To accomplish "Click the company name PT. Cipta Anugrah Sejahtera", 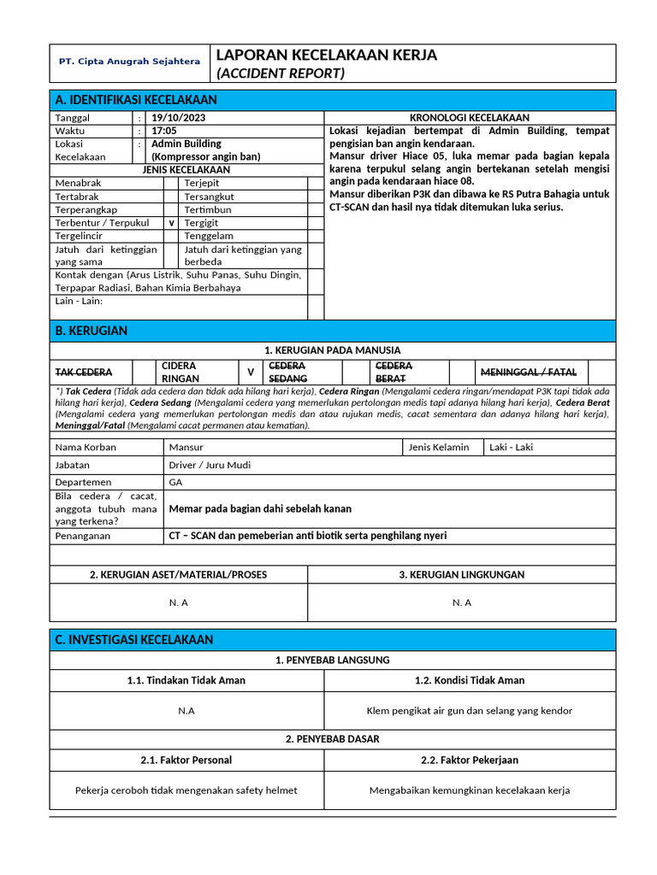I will (129, 62).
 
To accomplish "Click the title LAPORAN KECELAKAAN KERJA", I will (326, 55).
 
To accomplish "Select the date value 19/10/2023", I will (178, 118).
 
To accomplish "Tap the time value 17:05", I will (163, 131).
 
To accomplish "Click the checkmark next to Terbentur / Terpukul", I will (171, 223).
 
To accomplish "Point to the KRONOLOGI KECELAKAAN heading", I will (469, 118).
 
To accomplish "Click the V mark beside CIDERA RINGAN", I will (250, 373).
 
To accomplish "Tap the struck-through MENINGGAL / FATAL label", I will (528, 373).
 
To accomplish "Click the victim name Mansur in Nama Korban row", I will (186, 447).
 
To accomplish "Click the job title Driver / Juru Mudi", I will (210, 465).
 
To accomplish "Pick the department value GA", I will (176, 482).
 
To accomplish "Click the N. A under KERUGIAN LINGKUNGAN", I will (461, 602).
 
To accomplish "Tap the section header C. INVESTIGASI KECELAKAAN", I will (133, 640).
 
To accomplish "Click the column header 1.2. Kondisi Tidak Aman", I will (469, 680).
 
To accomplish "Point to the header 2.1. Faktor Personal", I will (186, 760).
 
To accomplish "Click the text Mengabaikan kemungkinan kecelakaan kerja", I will (469, 790).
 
